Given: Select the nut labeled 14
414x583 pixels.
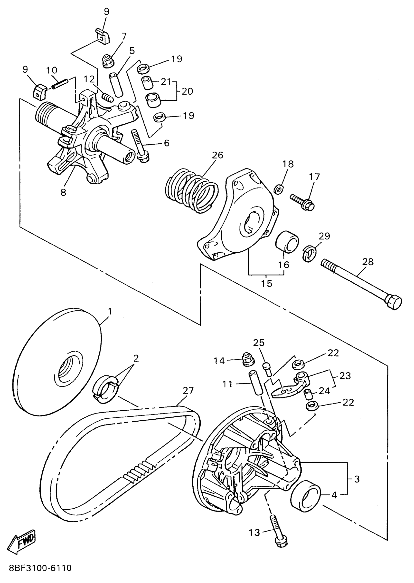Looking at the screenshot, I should pos(247,360).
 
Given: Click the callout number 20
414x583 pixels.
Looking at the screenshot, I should pos(187,91).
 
